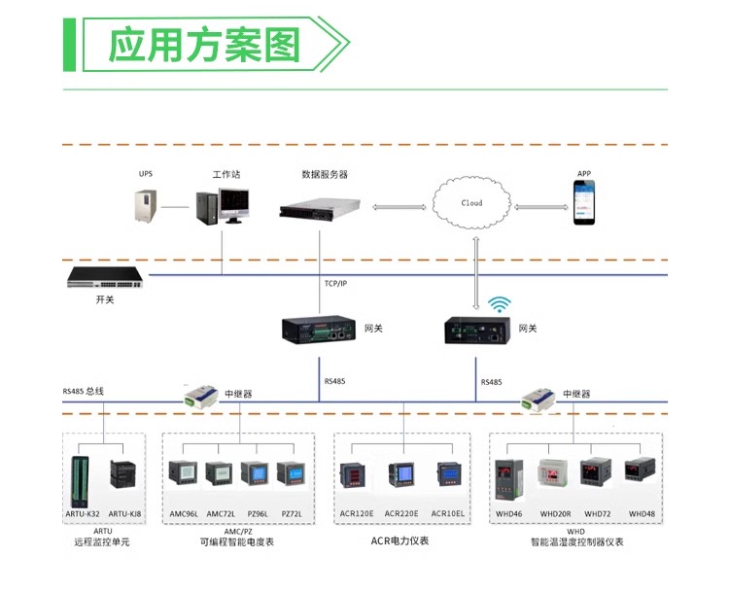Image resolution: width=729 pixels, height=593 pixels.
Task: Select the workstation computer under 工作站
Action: click(x=223, y=206)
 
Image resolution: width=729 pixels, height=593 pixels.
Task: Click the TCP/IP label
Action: click(x=335, y=283)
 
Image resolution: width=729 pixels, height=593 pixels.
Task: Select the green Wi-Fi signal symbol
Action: click(x=500, y=304)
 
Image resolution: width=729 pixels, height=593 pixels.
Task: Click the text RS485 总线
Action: click(x=84, y=391)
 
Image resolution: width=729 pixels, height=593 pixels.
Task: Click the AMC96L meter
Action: click(x=183, y=474)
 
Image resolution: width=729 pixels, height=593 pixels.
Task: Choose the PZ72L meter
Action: click(x=291, y=474)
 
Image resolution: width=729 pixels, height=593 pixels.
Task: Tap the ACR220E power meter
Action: click(x=400, y=476)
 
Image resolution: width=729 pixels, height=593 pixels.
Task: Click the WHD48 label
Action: click(x=642, y=513)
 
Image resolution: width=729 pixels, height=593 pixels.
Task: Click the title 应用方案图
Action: click(x=203, y=46)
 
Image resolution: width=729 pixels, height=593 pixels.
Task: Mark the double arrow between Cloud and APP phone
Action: click(x=541, y=206)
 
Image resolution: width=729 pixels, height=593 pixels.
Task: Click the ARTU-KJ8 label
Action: click(x=124, y=513)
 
